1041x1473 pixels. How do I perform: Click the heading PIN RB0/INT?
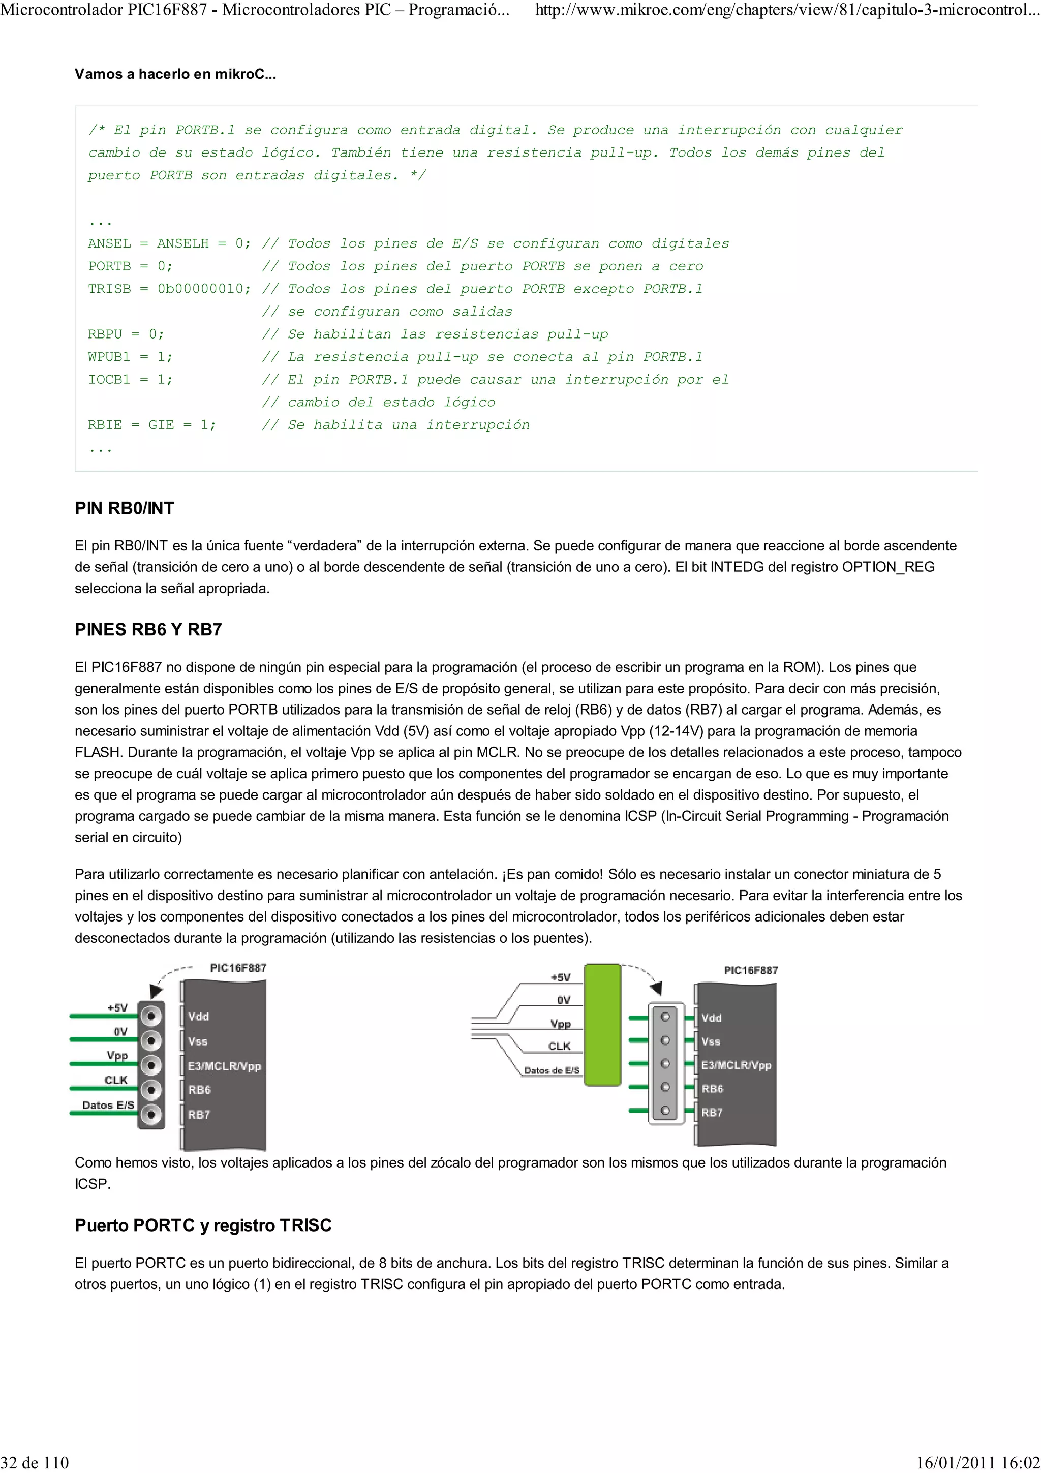125,508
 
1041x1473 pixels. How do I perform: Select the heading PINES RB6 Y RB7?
148,629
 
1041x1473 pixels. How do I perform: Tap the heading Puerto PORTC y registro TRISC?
203,1225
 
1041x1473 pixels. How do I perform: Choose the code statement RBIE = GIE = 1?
152,425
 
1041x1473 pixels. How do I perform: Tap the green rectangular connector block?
602,1025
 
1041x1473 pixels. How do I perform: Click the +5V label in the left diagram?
117,1008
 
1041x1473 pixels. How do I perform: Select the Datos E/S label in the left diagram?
108,1105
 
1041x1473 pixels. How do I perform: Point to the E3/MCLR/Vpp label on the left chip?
224,1066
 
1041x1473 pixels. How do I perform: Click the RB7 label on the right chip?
712,1113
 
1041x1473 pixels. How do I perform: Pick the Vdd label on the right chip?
711,1018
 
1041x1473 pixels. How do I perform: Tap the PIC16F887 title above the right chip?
750,971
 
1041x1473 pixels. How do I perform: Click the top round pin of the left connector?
152,1016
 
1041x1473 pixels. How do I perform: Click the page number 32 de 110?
35,1462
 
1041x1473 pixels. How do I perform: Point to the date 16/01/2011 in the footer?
951,1462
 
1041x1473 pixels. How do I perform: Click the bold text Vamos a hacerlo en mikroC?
175,74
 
